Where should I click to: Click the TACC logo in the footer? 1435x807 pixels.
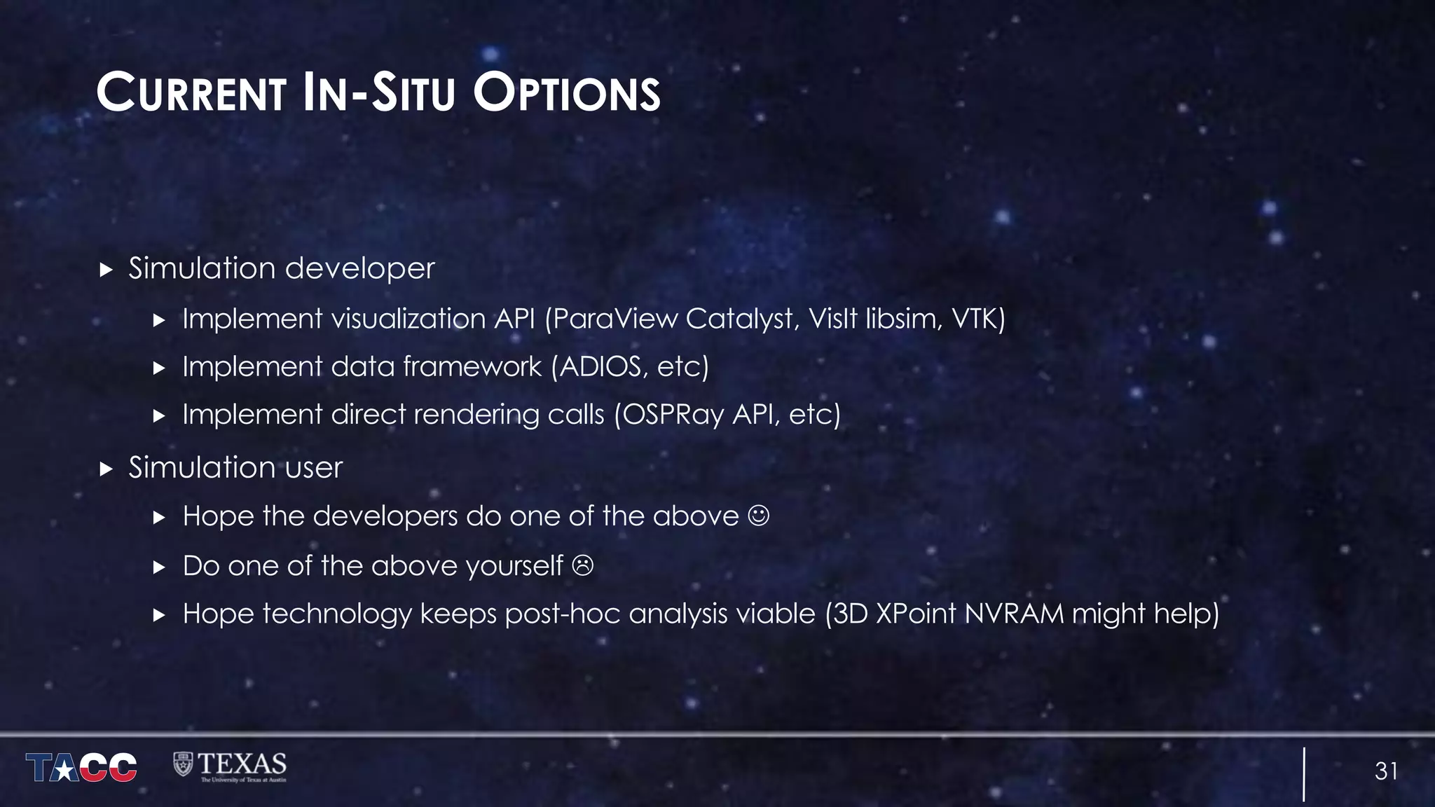tap(81, 767)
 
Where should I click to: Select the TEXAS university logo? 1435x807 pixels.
tap(230, 767)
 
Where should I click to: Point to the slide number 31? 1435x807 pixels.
tap(1386, 771)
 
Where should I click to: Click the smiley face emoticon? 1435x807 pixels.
tap(759, 516)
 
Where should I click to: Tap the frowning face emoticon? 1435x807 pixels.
tap(582, 565)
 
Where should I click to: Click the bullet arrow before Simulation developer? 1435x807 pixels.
tap(107, 270)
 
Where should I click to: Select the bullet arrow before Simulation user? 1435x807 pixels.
tap(107, 469)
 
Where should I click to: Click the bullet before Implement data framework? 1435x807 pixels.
tap(159, 368)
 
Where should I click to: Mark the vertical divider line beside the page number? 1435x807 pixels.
tap(1304, 773)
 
